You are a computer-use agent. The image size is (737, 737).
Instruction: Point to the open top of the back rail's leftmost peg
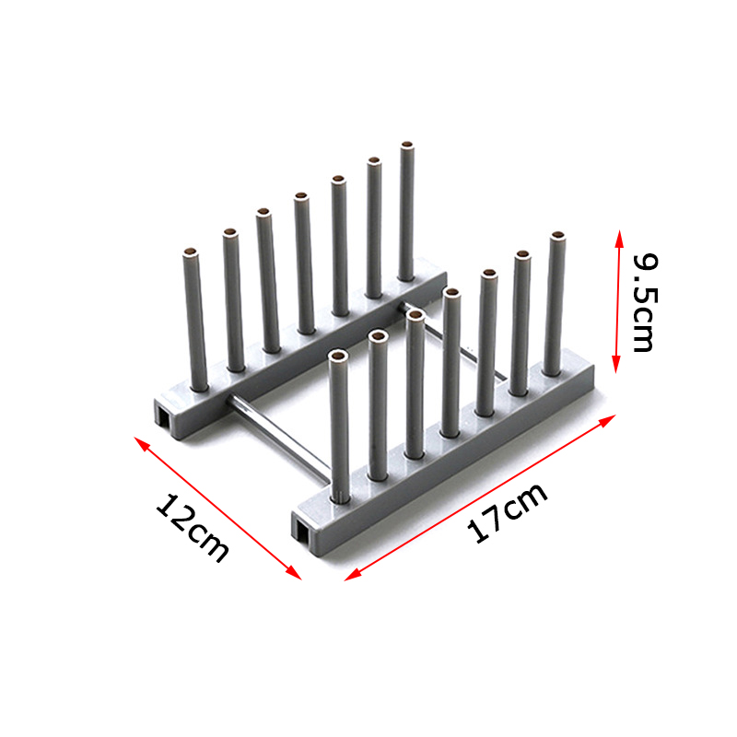[x=190, y=252]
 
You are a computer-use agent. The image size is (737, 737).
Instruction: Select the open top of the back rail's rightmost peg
[x=406, y=146]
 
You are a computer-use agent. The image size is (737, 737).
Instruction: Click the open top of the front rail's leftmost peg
[x=338, y=356]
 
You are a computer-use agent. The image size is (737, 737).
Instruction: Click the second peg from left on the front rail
[x=378, y=405]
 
